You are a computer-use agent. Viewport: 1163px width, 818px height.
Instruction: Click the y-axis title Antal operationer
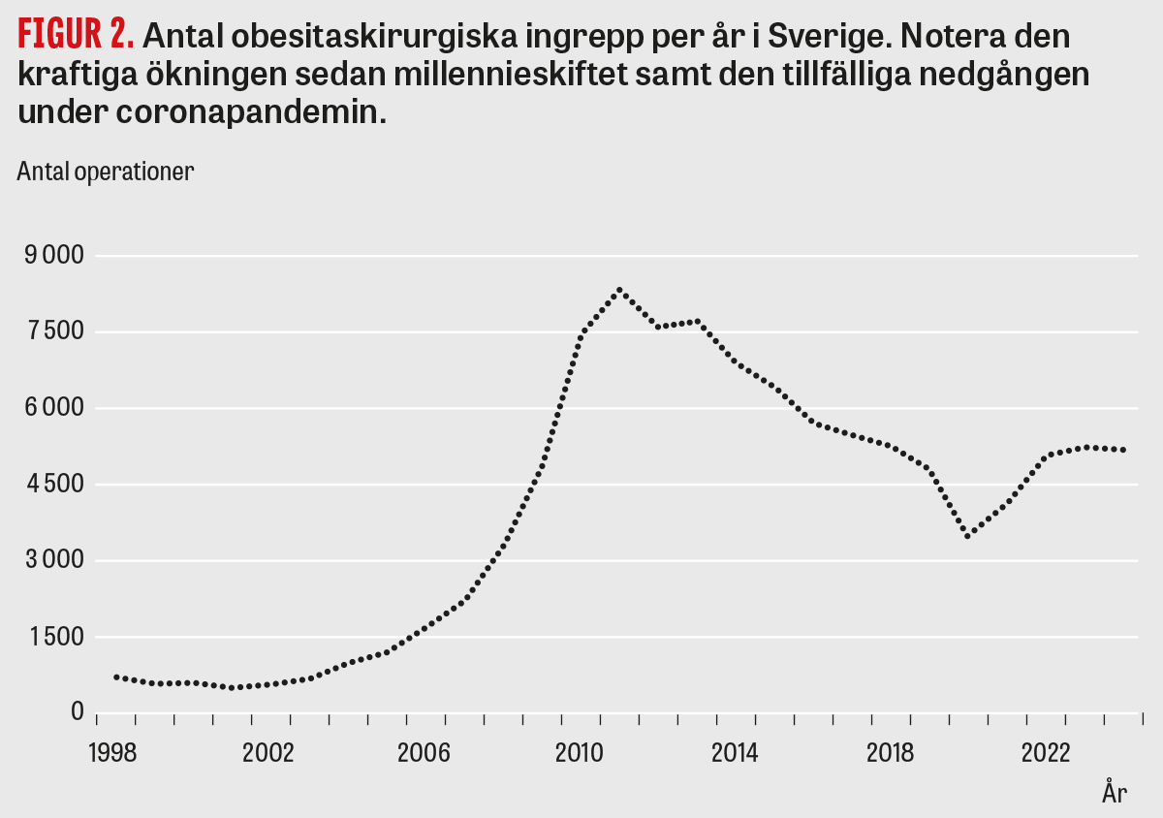[x=106, y=172]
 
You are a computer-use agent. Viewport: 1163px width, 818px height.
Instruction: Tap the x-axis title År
[x=1115, y=792]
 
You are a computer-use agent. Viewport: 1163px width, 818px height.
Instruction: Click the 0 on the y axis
[x=77, y=712]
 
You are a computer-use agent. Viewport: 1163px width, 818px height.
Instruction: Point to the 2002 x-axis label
[x=268, y=753]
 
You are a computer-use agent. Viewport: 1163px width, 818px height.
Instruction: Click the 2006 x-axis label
[x=424, y=753]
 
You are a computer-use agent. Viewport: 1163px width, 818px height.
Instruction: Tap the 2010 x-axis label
[x=580, y=753]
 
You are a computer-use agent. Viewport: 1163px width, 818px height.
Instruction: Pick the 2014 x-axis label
[x=735, y=753]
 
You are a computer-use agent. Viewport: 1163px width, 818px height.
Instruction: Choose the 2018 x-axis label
[x=890, y=753]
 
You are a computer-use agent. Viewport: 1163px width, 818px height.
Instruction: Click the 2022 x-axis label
[x=1046, y=753]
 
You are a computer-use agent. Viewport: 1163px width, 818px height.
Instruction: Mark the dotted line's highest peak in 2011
[x=619, y=290]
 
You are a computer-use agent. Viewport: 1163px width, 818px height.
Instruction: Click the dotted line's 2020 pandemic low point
[x=968, y=535]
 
